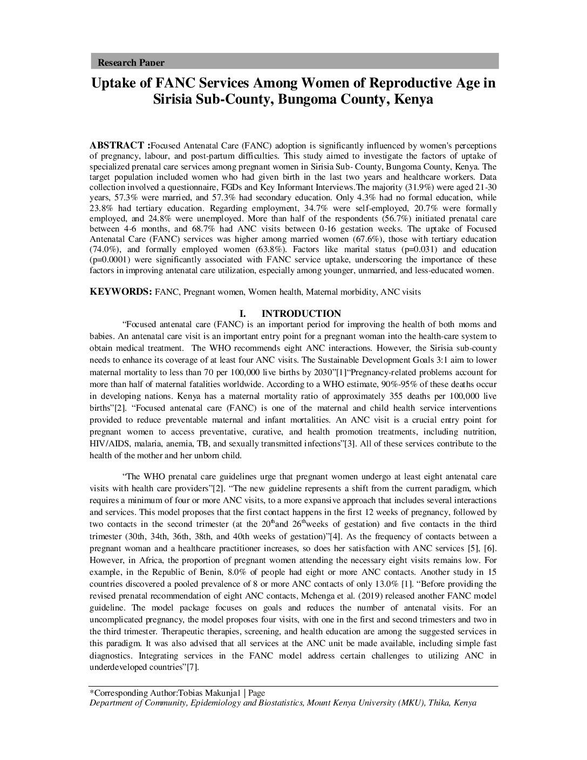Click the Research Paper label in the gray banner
point(131,63)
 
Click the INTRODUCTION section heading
point(301,314)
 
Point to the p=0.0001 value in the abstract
point(112,260)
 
